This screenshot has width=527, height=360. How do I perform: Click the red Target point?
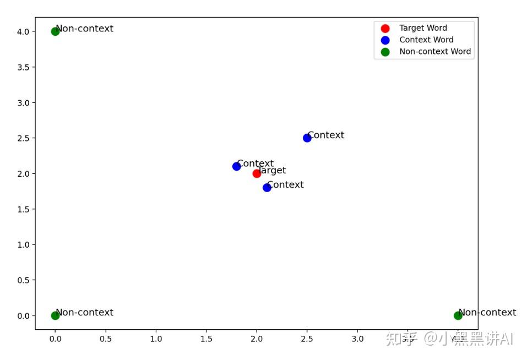coord(257,173)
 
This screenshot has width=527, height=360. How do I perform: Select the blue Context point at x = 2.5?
coord(307,138)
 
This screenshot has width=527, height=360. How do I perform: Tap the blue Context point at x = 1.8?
coord(237,166)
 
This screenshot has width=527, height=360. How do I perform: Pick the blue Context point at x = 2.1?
coord(267,188)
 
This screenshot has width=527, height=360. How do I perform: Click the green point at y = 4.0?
coord(55,31)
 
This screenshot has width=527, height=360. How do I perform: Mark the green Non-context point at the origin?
coord(55,315)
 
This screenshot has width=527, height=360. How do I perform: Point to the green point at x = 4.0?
coord(458,315)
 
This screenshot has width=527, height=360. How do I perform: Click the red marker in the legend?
coord(385,28)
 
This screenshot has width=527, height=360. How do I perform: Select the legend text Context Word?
coord(426,40)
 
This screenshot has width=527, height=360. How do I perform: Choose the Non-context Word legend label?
coord(435,51)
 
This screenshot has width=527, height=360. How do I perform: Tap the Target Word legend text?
coord(423,28)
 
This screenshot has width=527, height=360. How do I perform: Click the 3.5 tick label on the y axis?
coord(24,67)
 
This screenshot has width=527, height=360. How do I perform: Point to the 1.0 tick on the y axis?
coord(24,244)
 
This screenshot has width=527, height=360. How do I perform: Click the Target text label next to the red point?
coord(272,171)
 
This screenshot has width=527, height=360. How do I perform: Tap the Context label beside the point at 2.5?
coord(326,135)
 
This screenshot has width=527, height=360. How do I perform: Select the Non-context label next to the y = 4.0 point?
coord(85,29)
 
